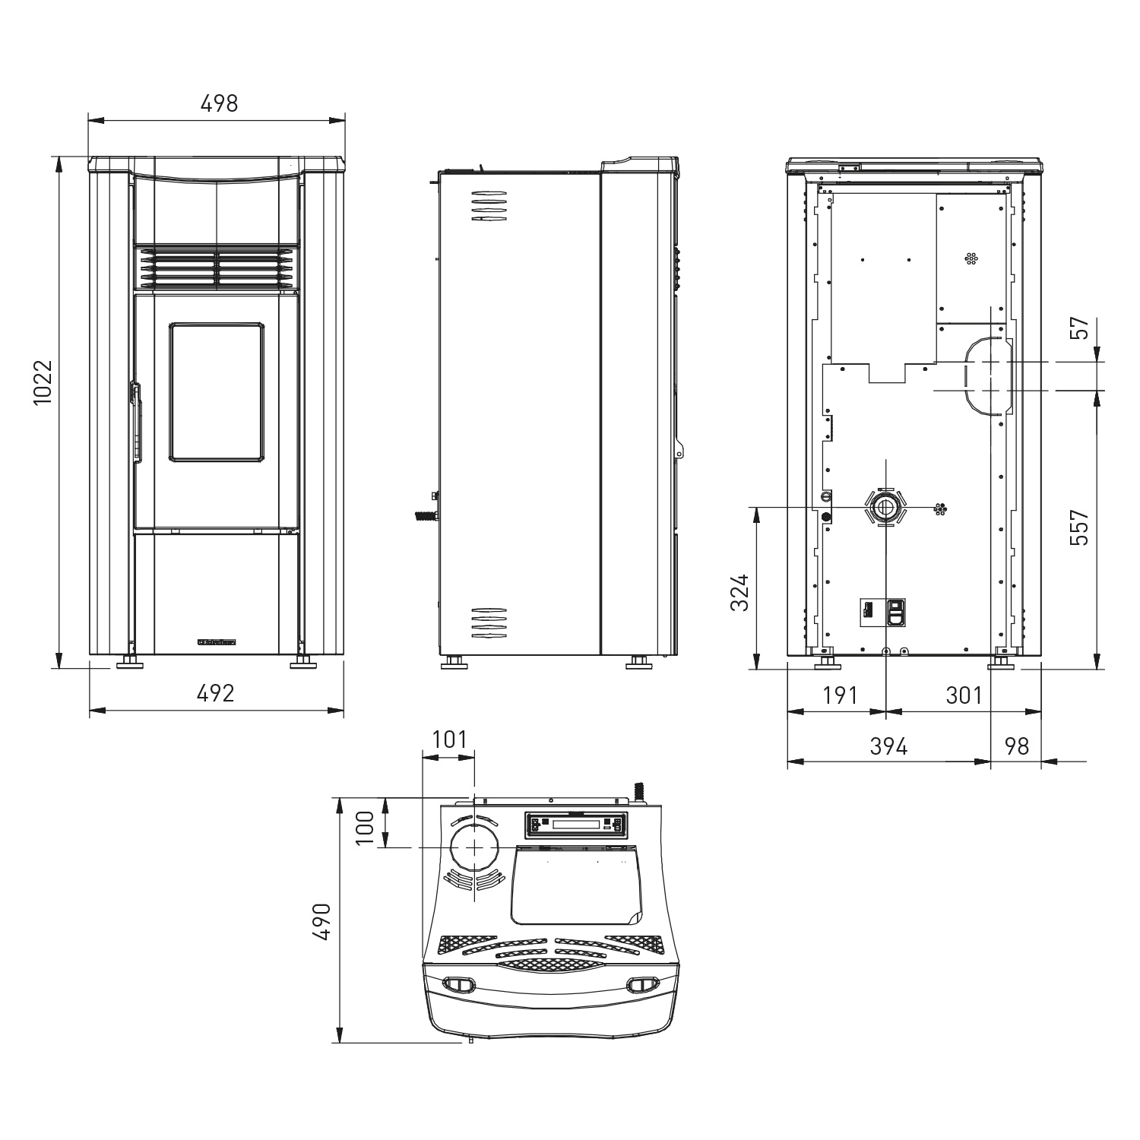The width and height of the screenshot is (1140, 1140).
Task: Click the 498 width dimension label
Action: coord(219,103)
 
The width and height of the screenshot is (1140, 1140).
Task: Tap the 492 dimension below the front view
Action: coord(216,693)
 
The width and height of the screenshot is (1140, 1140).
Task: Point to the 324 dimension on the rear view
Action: coord(739,594)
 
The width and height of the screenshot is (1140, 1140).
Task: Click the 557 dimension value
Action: coord(1079,527)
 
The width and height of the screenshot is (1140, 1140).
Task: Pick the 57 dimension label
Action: coord(1079,328)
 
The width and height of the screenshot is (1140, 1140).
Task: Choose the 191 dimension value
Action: coord(841,695)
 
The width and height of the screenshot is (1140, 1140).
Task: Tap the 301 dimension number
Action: coord(964,695)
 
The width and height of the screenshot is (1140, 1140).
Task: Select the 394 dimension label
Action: coord(888,746)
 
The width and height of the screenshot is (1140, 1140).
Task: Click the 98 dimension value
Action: coord(1016,746)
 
